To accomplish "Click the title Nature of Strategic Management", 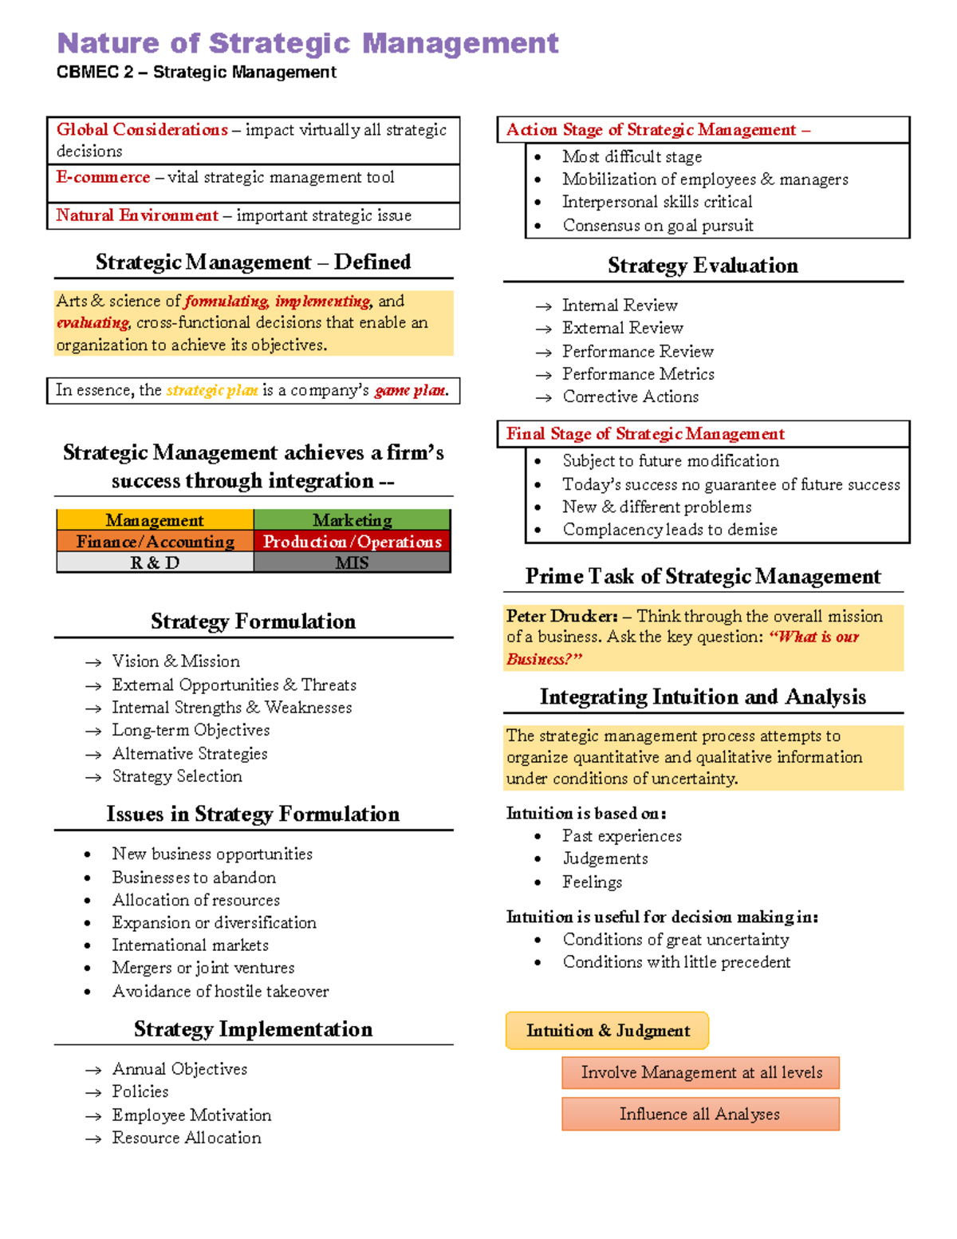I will (x=307, y=43).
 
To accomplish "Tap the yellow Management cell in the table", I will (x=155, y=520).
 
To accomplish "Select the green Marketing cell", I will (x=352, y=520).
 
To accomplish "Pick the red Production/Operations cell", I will (x=352, y=542).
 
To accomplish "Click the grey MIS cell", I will (x=352, y=563).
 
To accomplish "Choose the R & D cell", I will (x=155, y=563).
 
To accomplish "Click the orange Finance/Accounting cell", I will (x=155, y=542).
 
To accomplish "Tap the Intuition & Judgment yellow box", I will (x=607, y=1031).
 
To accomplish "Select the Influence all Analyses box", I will (x=699, y=1114).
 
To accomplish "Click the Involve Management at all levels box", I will (x=700, y=1072).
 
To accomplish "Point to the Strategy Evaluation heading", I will (x=703, y=266).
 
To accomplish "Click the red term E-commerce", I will (x=103, y=177).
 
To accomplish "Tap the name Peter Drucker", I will (x=561, y=616).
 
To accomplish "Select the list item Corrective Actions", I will (x=630, y=397).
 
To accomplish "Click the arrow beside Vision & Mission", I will (x=93, y=662).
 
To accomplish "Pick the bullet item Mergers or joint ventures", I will (x=203, y=968).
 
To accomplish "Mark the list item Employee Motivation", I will (x=191, y=1115).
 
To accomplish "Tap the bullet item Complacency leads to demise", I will (x=669, y=530).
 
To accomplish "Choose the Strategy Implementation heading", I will (x=253, y=1029).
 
